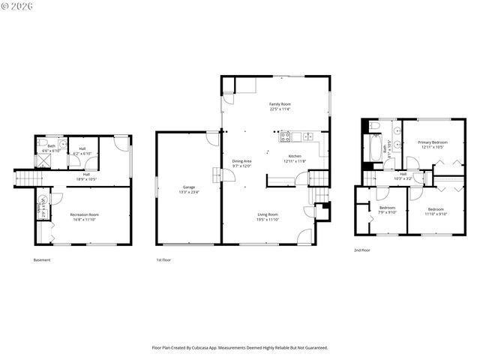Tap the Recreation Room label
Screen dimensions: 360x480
(x=85, y=215)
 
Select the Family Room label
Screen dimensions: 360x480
(x=280, y=104)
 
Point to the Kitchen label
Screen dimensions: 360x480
(x=295, y=156)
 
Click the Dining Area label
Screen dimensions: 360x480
(x=241, y=161)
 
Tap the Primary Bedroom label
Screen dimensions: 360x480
(x=433, y=142)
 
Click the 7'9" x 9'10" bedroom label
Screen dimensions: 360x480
(x=387, y=208)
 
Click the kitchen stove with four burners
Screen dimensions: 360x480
(x=285, y=136)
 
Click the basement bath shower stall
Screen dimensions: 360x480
(x=43, y=160)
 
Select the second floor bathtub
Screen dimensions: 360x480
(x=373, y=147)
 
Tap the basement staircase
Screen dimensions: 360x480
(x=25, y=178)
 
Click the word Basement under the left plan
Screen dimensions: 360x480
(x=42, y=260)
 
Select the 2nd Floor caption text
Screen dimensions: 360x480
(x=361, y=250)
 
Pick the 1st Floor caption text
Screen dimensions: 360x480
(x=163, y=260)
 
